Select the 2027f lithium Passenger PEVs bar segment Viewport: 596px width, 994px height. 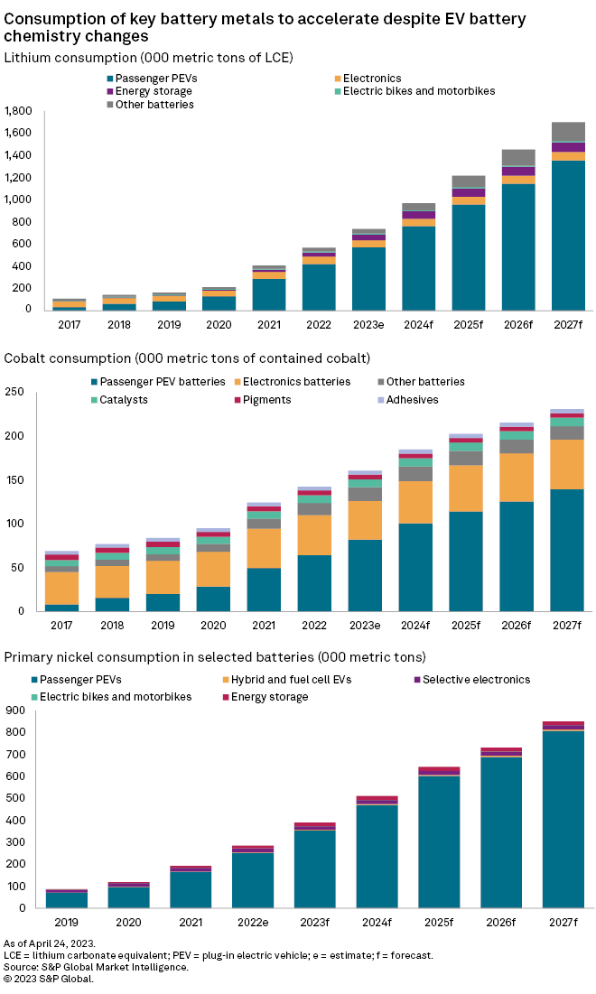568,235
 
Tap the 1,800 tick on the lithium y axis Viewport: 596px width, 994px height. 19,111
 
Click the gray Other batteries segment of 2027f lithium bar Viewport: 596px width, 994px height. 568,132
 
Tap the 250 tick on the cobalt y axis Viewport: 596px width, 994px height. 14,392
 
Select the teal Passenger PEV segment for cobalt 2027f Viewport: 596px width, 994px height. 568,550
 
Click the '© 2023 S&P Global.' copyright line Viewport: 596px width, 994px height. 49,979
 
